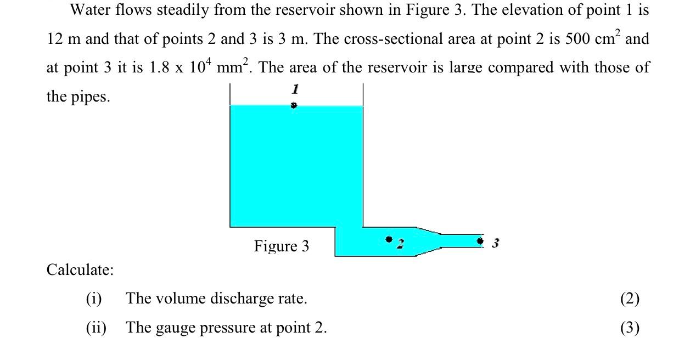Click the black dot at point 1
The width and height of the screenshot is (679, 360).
click(x=294, y=105)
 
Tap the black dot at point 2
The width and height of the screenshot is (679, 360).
click(x=389, y=239)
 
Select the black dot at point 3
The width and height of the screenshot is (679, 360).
click(x=480, y=240)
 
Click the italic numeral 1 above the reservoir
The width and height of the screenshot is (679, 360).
click(x=295, y=88)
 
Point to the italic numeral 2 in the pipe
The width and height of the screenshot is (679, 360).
click(x=400, y=243)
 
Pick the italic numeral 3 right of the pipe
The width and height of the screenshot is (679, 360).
click(x=495, y=243)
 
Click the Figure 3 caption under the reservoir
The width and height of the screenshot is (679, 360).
click(x=281, y=246)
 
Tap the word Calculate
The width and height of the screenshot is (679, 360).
click(x=80, y=270)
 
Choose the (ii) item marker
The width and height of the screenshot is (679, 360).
click(x=96, y=328)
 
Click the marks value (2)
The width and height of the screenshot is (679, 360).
click(x=630, y=299)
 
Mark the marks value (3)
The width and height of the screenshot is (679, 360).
click(x=630, y=328)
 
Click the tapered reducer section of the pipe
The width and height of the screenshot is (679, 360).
click(x=429, y=241)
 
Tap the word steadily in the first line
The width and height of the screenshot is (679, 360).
click(x=181, y=10)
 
